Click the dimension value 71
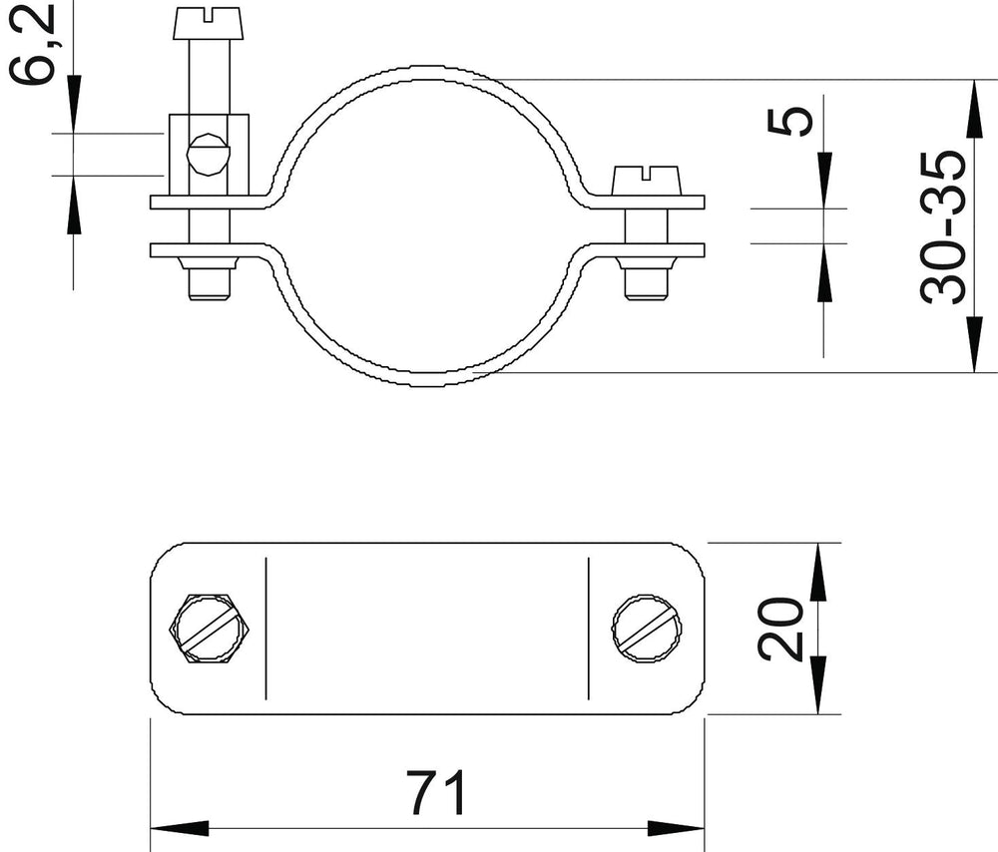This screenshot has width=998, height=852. [437, 792]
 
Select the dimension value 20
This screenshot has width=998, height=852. [779, 629]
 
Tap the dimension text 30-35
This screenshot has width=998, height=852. [943, 226]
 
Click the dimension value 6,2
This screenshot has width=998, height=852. [31, 42]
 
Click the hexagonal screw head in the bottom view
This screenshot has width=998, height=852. [209, 629]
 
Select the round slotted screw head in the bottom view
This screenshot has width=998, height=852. [647, 629]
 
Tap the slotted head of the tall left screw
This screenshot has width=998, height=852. [209, 23]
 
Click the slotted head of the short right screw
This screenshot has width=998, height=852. [647, 181]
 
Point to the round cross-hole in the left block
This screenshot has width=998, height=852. [209, 154]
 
